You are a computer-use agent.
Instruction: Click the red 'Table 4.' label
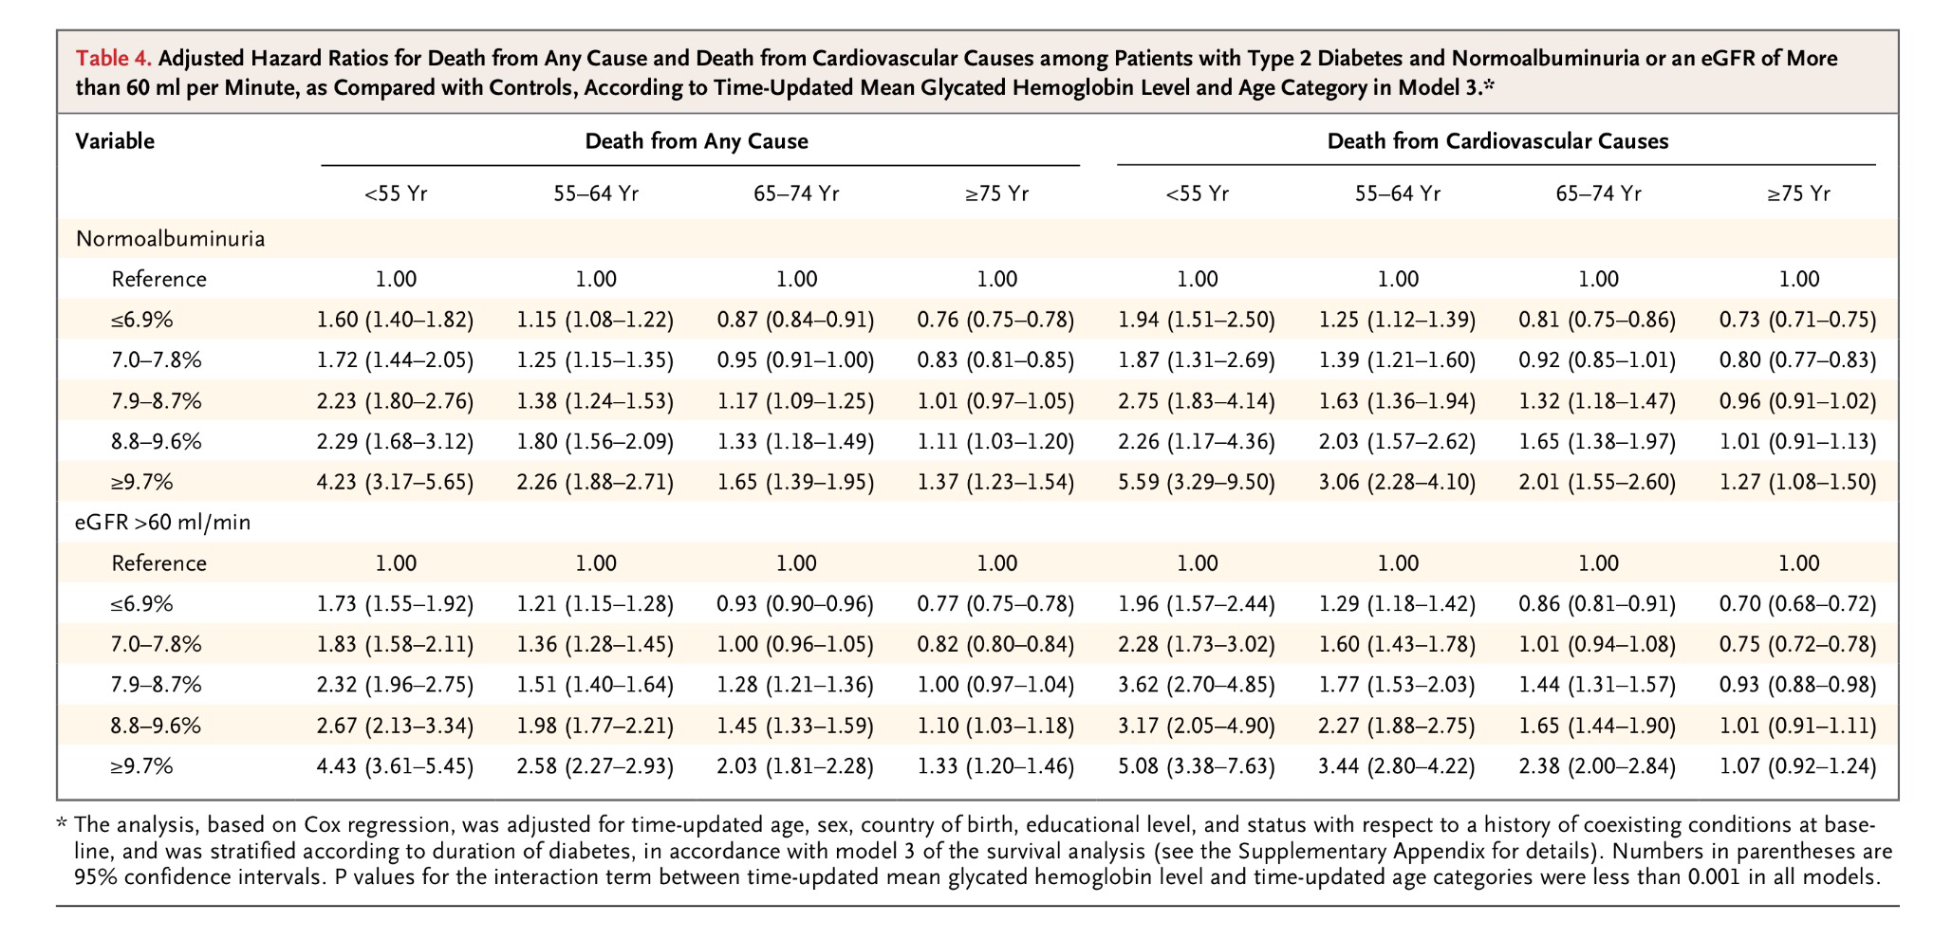[x=114, y=59]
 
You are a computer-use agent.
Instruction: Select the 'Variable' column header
[x=115, y=141]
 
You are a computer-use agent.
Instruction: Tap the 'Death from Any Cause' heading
[x=697, y=141]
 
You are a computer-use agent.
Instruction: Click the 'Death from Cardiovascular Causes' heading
[x=1497, y=141]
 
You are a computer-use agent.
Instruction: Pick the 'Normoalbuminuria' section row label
[x=171, y=239]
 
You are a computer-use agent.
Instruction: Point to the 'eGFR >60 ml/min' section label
[x=163, y=522]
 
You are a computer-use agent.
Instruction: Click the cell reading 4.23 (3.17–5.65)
[x=395, y=482]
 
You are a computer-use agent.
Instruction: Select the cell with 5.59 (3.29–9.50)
[x=1197, y=482]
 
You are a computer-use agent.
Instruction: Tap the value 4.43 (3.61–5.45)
[x=395, y=765]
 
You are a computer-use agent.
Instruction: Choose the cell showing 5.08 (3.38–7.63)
[x=1197, y=765]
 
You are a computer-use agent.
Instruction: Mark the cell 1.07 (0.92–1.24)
[x=1797, y=765]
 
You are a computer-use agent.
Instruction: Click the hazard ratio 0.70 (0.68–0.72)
[x=1797, y=603]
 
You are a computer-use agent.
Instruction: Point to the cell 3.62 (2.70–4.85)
[x=1197, y=685]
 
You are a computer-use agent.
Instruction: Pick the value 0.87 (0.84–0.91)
[x=795, y=320]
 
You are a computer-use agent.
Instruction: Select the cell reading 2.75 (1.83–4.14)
[x=1197, y=401]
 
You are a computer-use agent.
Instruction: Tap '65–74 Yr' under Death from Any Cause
[x=796, y=194]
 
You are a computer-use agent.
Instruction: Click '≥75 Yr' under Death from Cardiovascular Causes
[x=1798, y=194]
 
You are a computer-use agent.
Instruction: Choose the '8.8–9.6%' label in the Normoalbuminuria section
[x=157, y=442]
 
